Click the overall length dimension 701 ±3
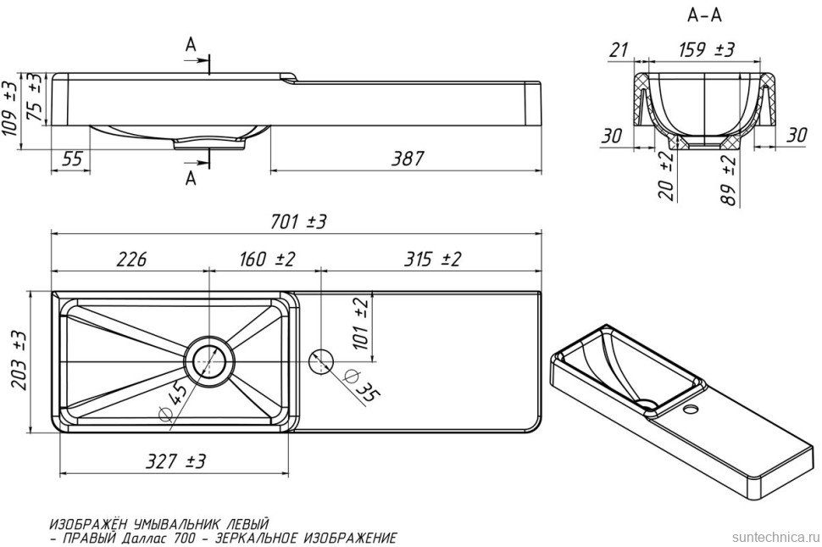pos(299,221)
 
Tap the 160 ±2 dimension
pos(260,260)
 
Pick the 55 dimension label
pos(72,159)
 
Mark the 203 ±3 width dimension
pos(19,360)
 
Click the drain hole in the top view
pos(208,361)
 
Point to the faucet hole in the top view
pos(321,361)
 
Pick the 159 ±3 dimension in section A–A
pos(706,50)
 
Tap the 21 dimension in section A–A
pos(619,51)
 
